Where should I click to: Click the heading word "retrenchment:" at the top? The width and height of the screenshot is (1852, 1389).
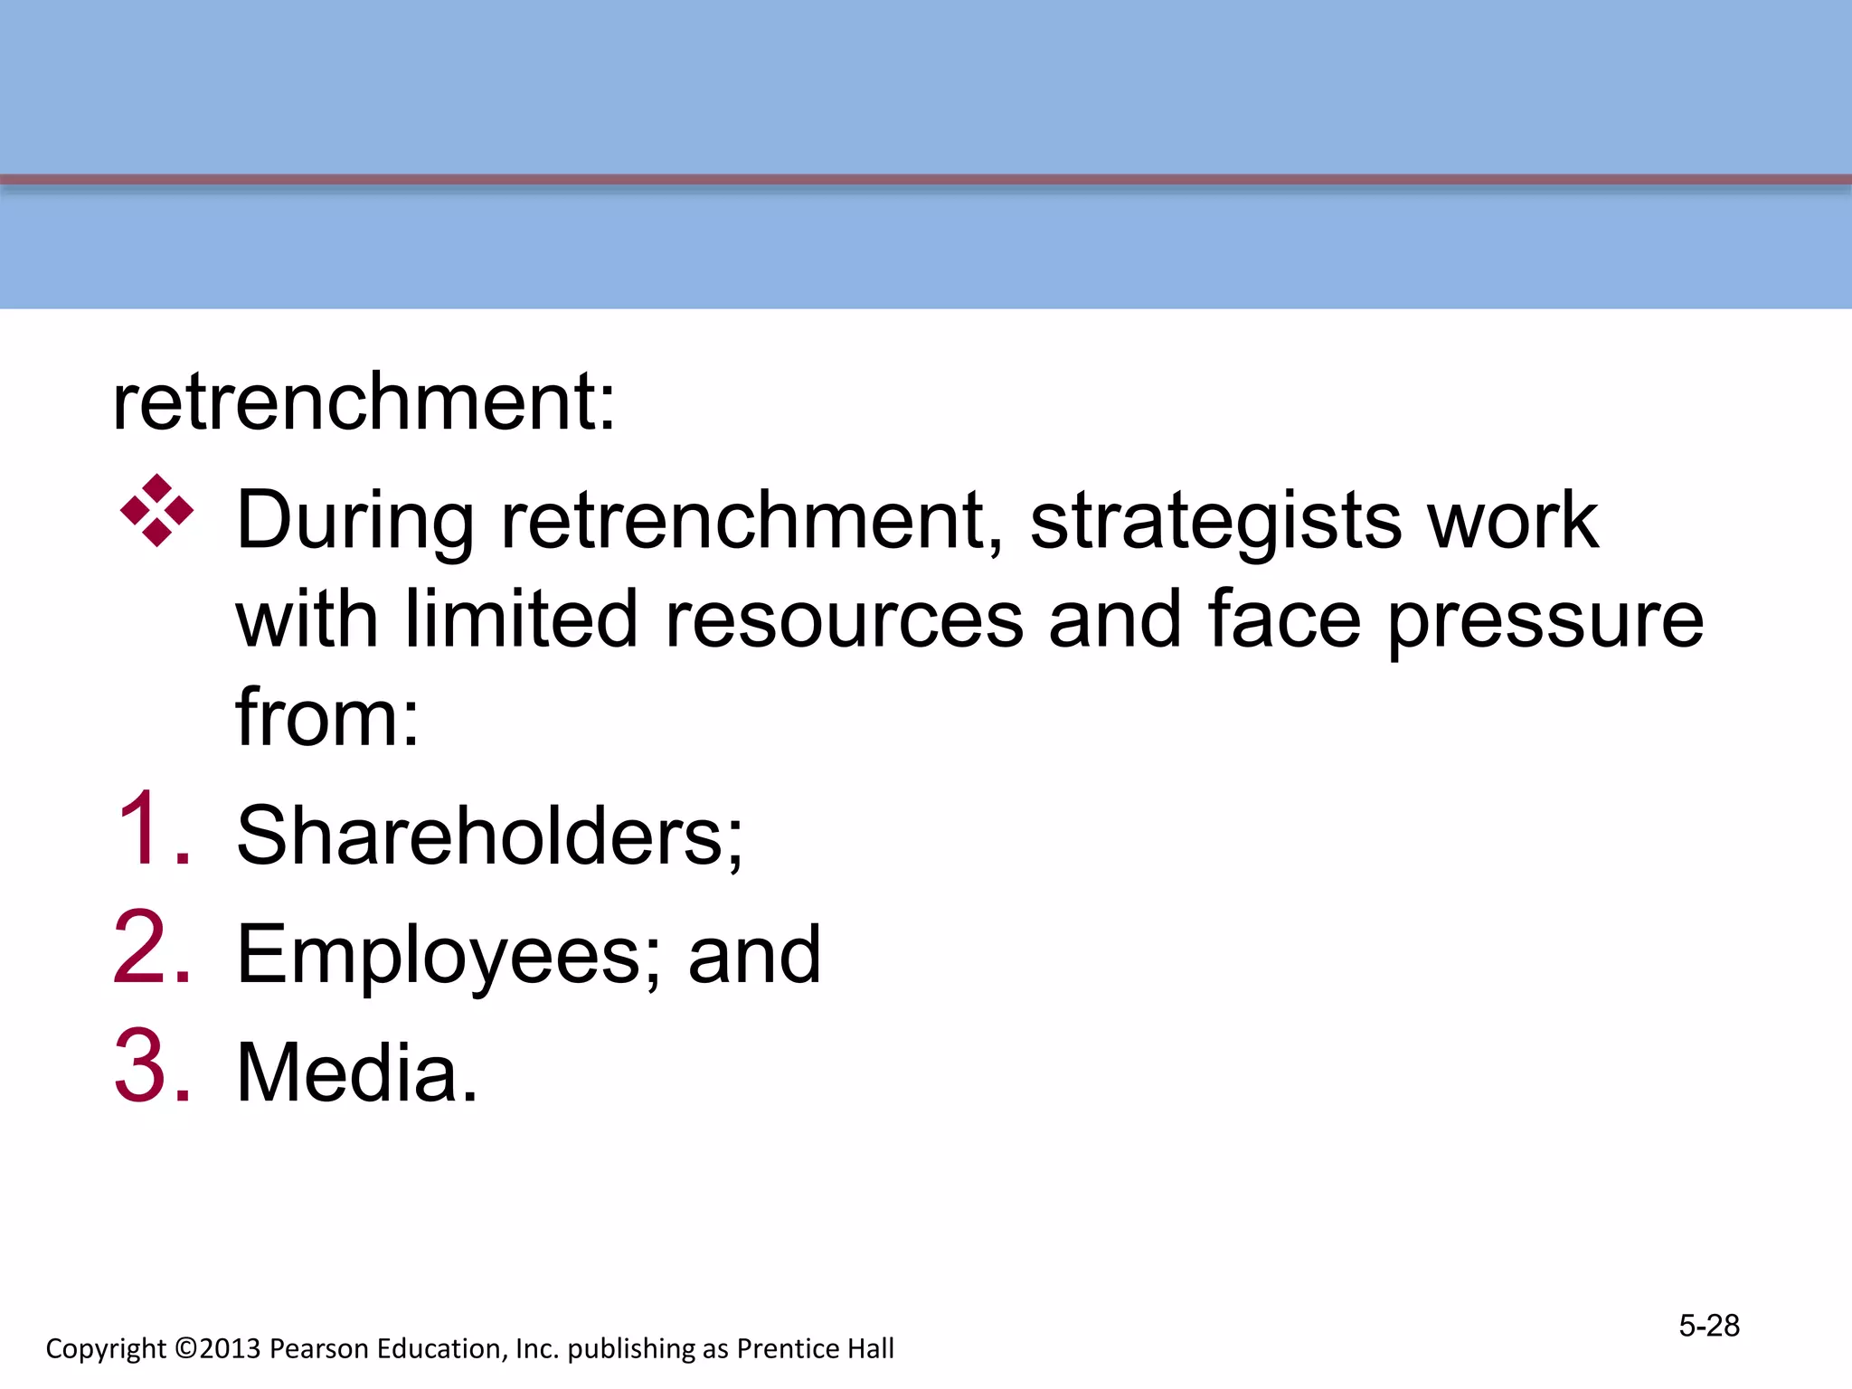364,402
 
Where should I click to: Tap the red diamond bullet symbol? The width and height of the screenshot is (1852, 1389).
156,511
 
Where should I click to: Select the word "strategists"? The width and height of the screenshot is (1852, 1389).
1215,523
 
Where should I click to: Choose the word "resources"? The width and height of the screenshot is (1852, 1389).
844,620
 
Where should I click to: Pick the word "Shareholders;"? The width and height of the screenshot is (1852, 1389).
489,836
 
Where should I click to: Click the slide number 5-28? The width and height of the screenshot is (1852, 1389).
1709,1326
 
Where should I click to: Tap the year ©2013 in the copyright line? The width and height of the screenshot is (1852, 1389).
218,1348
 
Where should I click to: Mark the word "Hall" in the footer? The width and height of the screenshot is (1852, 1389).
869,1348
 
